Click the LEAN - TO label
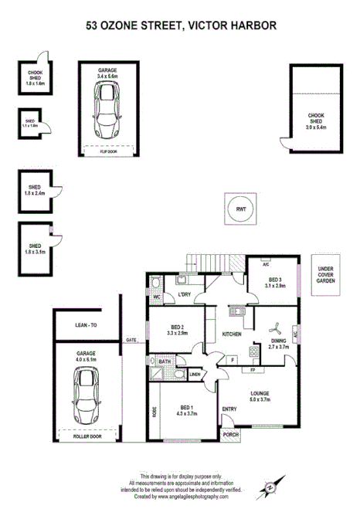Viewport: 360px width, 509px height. point(87,326)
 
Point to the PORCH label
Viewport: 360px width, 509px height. point(230,434)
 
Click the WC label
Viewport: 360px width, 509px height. point(156,296)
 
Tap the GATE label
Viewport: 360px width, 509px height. point(131,340)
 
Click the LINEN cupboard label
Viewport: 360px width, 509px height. point(195,375)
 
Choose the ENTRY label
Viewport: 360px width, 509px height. point(229,409)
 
